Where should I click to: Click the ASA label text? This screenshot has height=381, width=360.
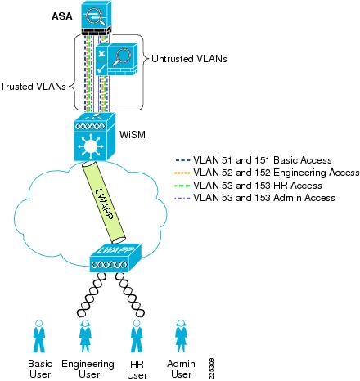click(62, 16)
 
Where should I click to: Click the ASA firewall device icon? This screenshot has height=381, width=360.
click(97, 17)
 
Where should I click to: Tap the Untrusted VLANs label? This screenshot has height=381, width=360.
click(189, 59)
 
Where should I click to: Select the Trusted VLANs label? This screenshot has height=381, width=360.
click(33, 87)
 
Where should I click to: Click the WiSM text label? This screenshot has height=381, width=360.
click(133, 135)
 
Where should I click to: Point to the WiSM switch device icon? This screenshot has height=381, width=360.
click(95, 137)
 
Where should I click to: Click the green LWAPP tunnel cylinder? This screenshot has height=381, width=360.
click(104, 202)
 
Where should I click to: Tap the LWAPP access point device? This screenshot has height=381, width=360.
click(115, 258)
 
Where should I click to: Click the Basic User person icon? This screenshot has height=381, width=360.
click(39, 336)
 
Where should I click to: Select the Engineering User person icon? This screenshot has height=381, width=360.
click(85, 336)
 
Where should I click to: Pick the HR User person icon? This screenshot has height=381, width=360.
click(137, 336)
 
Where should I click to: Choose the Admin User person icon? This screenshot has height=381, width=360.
click(181, 336)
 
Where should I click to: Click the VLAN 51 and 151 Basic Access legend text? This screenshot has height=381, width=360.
click(263, 160)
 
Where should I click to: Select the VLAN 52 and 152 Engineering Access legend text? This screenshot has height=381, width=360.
click(277, 173)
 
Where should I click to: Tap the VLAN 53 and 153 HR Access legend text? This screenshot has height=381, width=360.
click(258, 186)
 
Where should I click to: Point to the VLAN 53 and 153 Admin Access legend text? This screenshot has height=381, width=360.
click(264, 198)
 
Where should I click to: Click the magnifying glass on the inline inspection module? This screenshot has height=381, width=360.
click(119, 57)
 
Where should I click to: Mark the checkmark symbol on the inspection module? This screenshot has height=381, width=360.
click(101, 68)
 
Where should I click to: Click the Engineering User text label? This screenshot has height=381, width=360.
click(88, 369)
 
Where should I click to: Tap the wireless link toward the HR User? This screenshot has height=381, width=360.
click(130, 294)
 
